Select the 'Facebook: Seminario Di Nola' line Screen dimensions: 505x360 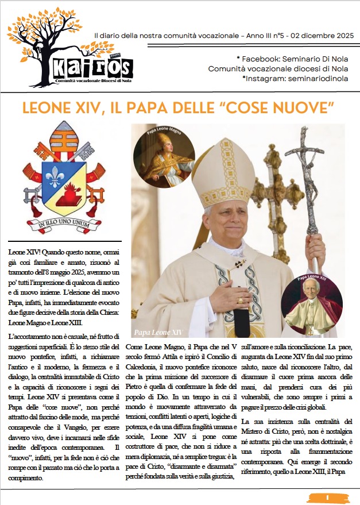(x=291, y=59)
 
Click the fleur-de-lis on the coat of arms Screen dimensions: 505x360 (x=55, y=178)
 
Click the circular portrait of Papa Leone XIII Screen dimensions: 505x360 (x=312, y=305)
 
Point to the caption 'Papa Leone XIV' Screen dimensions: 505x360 (x=158, y=332)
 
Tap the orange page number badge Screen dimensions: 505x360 (x=326, y=497)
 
